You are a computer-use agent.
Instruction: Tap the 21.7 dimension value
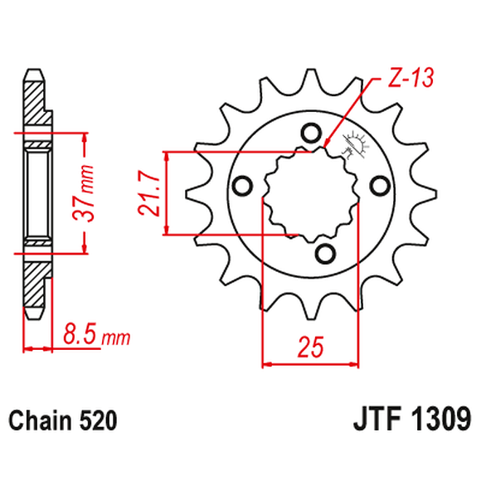click(149, 193)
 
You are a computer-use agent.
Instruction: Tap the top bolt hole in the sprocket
click(311, 132)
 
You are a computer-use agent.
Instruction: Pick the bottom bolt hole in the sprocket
click(324, 251)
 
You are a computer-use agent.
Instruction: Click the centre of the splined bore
click(312, 193)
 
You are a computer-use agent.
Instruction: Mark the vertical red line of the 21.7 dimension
click(168, 193)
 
